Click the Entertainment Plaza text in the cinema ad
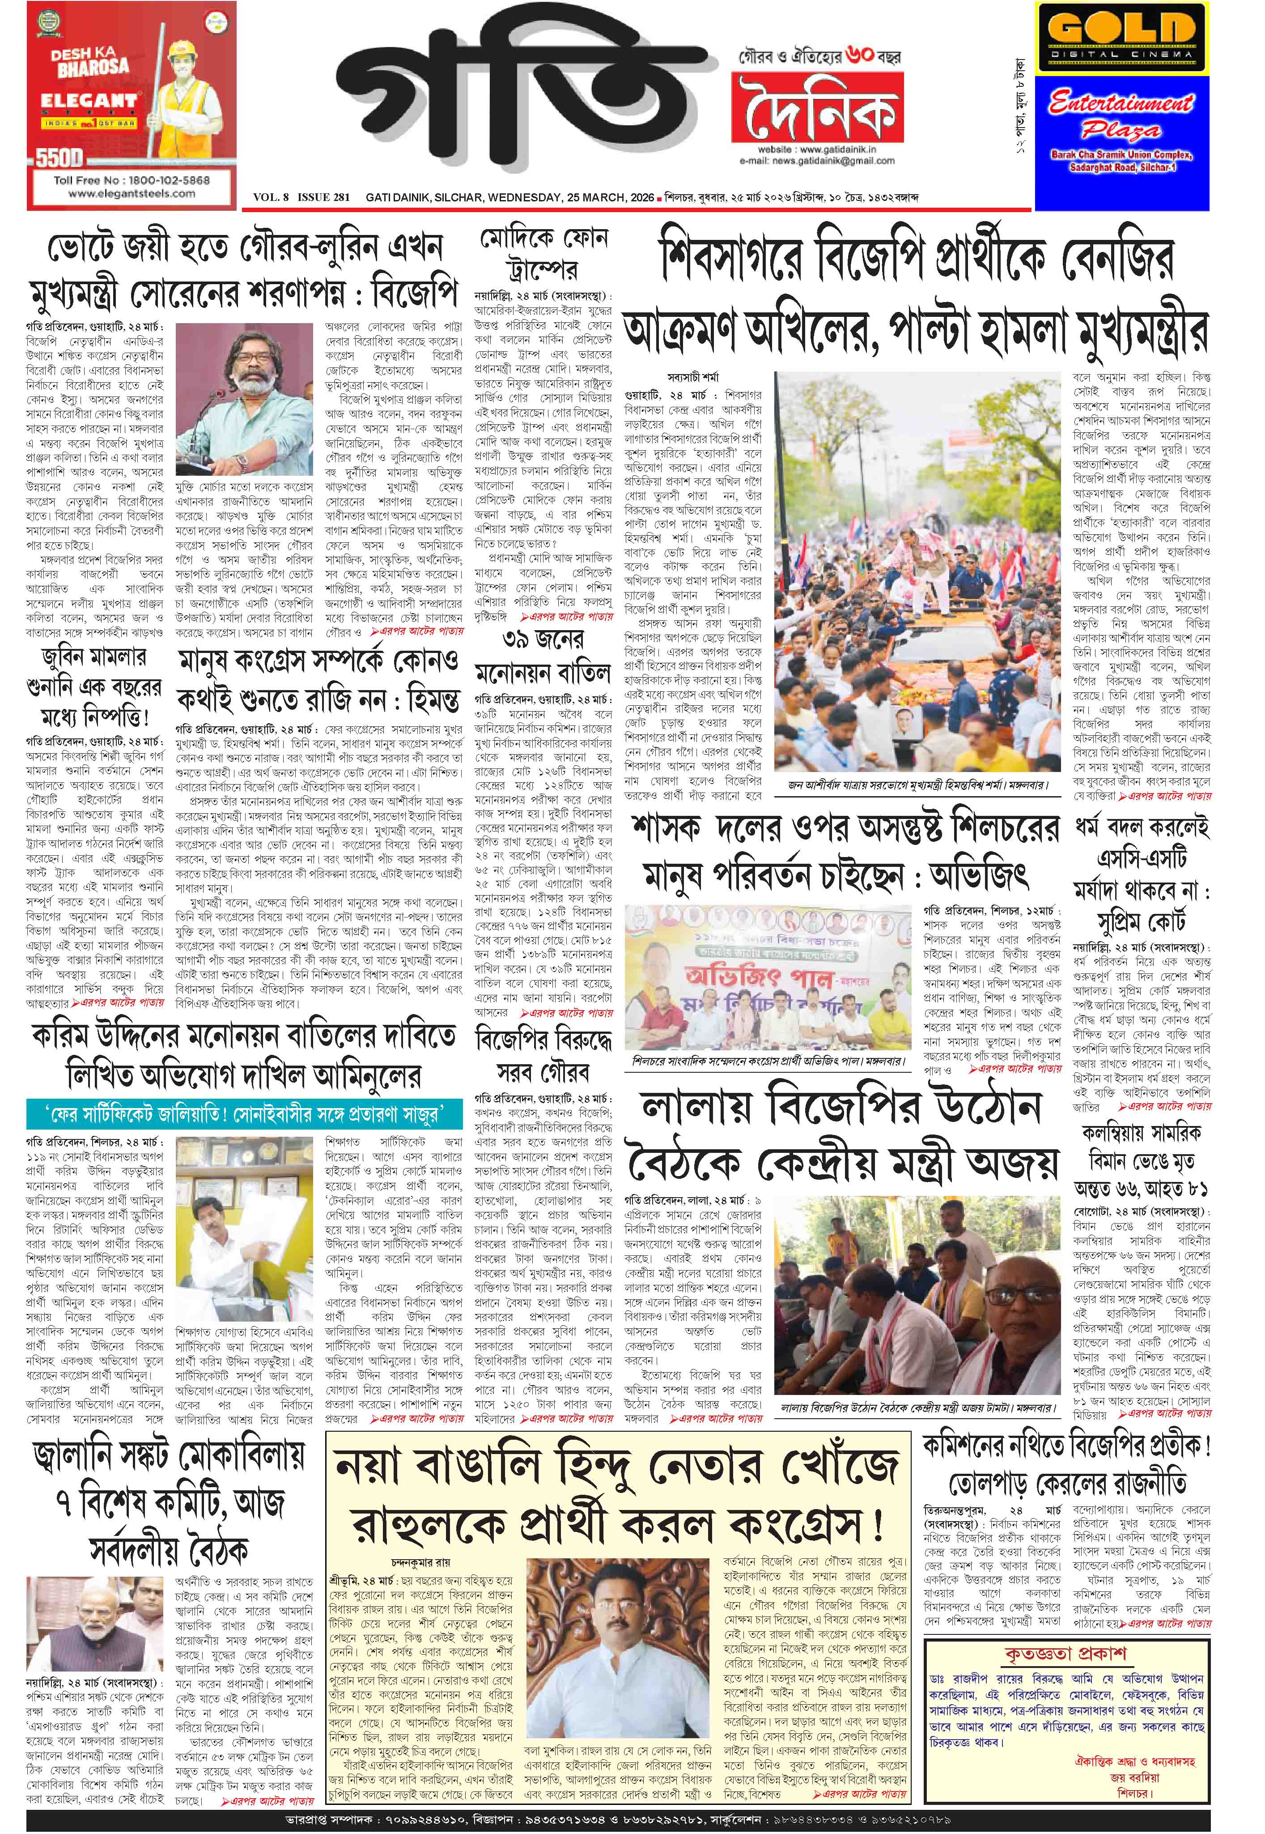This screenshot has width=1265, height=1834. [1121, 115]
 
